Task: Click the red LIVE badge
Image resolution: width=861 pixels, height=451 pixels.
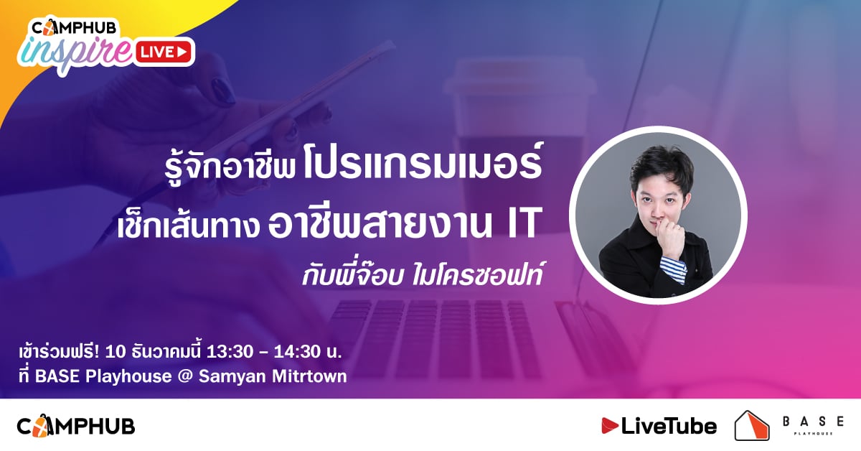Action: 164,52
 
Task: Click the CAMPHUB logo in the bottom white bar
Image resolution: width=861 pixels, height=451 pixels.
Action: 76,426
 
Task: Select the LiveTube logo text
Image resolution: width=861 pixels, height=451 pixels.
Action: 669,427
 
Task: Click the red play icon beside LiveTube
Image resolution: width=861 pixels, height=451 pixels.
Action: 610,426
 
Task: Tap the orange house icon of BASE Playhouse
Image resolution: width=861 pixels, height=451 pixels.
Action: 752,425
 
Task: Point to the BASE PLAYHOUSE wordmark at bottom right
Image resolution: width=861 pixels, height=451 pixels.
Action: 814,425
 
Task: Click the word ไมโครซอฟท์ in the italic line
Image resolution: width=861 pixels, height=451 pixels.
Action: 477,274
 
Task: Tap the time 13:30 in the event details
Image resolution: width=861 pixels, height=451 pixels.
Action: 230,352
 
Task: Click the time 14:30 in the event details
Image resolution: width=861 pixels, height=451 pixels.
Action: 297,352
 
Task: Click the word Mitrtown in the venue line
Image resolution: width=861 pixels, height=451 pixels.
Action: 309,376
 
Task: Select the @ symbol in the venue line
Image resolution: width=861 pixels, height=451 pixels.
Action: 185,376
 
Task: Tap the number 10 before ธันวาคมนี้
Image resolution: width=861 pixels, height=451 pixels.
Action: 116,352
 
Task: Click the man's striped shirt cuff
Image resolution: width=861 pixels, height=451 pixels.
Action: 674,271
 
